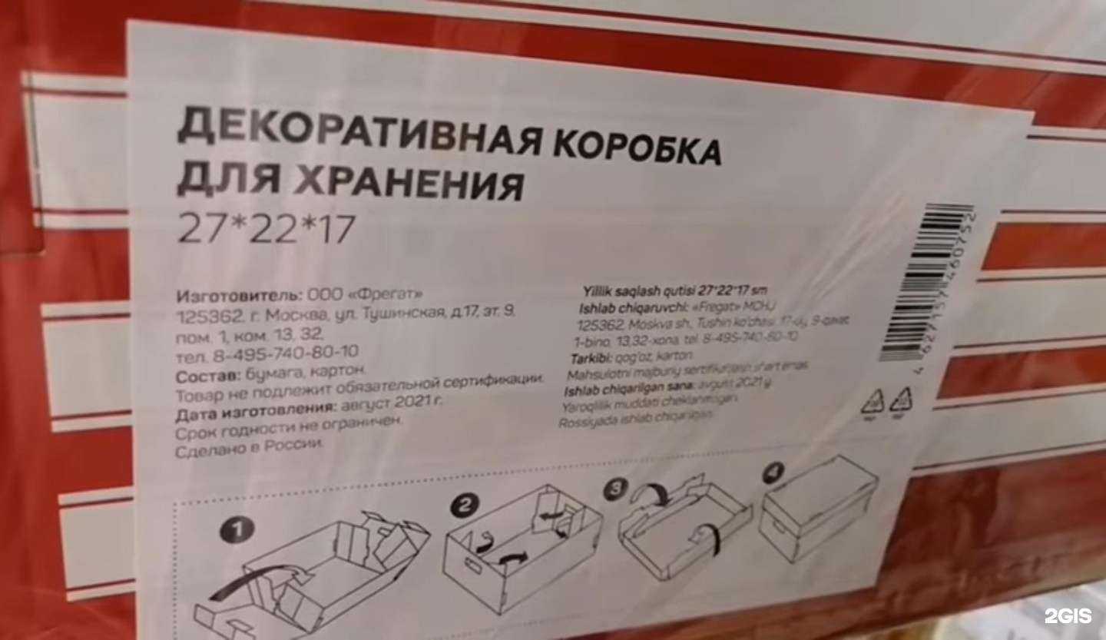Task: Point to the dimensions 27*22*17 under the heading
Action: click(x=266, y=228)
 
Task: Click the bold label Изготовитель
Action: click(x=240, y=296)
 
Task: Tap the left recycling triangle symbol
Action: click(x=875, y=402)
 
